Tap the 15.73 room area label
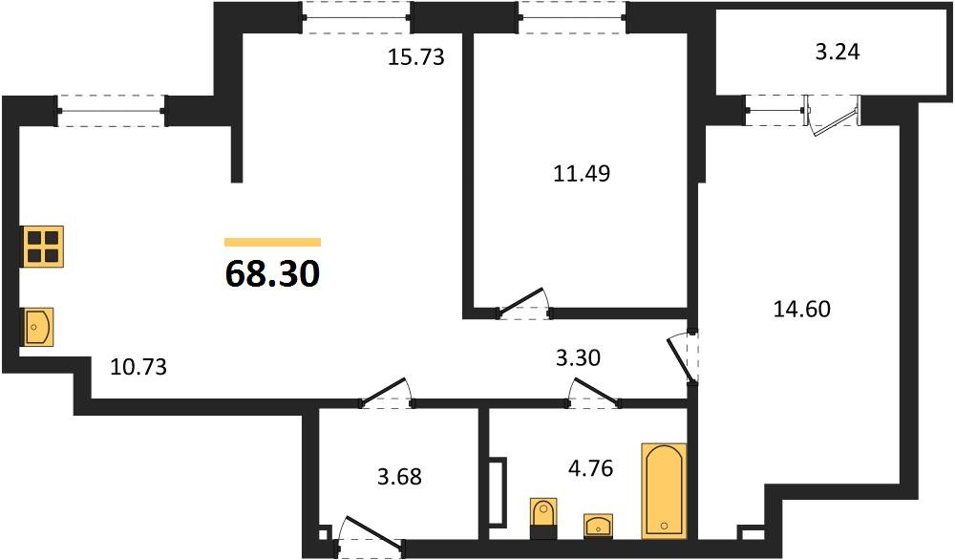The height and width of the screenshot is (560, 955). coord(416,56)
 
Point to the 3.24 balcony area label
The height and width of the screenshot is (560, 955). coord(838,52)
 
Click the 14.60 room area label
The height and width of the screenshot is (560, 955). coord(800,309)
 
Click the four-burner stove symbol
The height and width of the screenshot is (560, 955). coord(44,246)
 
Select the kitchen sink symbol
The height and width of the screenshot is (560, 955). coord(39,327)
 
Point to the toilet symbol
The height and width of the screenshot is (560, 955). coord(542,512)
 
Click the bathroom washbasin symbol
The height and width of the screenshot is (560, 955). coord(597,524)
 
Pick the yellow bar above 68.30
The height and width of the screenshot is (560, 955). coord(272,242)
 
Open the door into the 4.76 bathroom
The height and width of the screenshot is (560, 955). coord(592,394)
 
